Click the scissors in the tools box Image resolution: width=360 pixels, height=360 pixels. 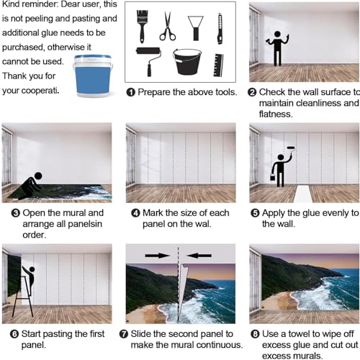(168, 27)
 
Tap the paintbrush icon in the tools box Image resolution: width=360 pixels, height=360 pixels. (142, 26)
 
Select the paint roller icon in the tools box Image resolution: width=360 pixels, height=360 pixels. (149, 60)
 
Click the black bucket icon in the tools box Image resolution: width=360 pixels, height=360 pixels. (187, 62)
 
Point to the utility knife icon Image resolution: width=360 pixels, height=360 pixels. (220, 29)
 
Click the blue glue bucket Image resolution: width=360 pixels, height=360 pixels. (93, 76)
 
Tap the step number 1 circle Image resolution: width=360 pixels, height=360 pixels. (131, 92)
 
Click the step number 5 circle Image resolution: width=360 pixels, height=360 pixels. (255, 213)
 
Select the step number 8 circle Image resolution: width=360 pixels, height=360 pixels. (255, 334)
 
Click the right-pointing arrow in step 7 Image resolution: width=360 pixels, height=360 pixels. (157, 256)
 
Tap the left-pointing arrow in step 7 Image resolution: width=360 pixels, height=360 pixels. (199, 256)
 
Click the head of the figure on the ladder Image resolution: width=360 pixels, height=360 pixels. (32, 269)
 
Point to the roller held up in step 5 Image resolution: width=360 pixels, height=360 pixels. (291, 148)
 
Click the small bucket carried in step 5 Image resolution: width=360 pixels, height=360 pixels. (273, 177)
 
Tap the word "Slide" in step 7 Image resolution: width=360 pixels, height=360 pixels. (141, 334)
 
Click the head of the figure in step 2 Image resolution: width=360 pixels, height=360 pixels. (277, 34)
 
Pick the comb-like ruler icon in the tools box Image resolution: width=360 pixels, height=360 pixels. (218, 66)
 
